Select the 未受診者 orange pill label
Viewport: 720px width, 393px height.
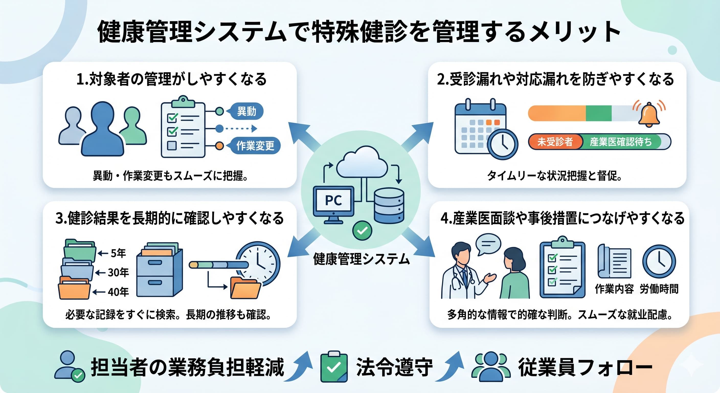(x=555, y=142)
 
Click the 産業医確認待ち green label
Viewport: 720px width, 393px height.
(x=621, y=142)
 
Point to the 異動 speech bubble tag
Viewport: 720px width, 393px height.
(x=245, y=111)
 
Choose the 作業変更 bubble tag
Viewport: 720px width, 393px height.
(x=254, y=145)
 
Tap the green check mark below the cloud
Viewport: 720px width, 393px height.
(x=362, y=231)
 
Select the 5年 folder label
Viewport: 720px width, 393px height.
(x=118, y=253)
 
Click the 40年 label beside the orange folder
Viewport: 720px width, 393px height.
(x=118, y=292)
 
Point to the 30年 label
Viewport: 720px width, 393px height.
(x=118, y=272)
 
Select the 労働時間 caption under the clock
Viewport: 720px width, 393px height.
(x=659, y=289)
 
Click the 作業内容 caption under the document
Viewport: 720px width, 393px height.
(x=614, y=289)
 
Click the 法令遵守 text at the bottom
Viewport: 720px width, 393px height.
(x=394, y=367)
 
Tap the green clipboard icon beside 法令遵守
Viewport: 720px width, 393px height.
(x=334, y=366)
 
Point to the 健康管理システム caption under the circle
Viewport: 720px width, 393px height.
(x=361, y=259)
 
